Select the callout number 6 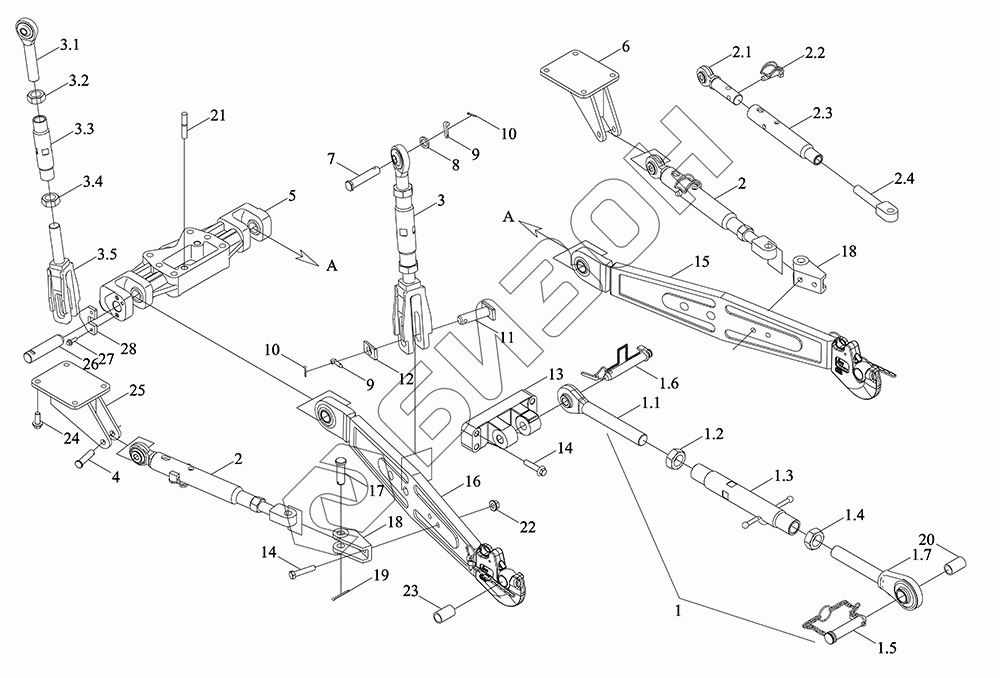(x=625, y=46)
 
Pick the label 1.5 (x=885, y=649)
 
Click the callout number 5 (x=290, y=198)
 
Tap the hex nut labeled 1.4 (x=815, y=541)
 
